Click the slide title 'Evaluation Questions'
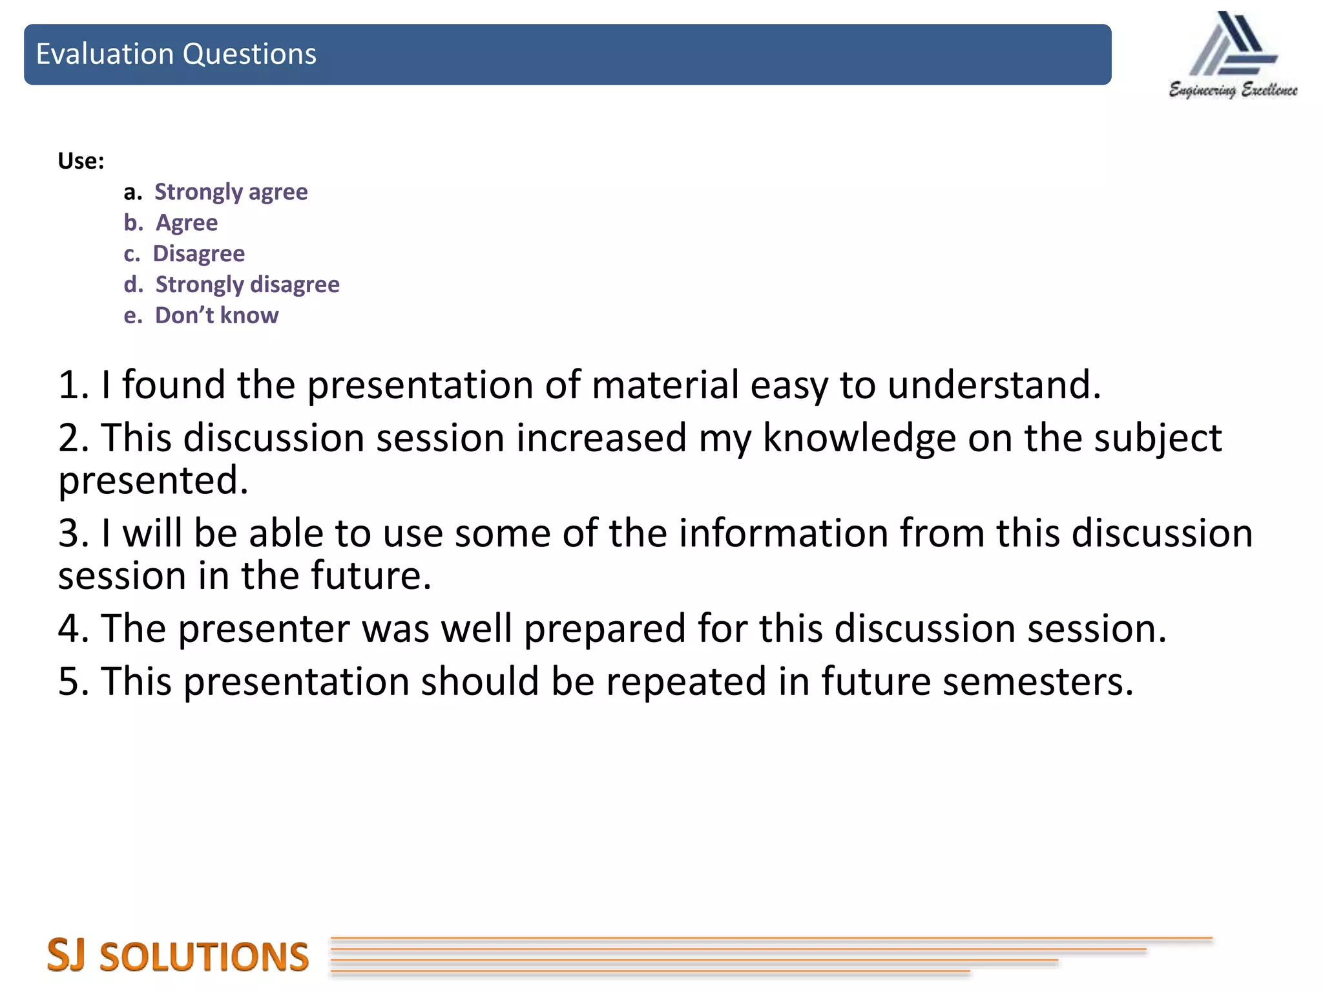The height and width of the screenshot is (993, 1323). (176, 54)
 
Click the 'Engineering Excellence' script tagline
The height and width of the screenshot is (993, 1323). (1233, 90)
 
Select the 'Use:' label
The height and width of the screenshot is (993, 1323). (81, 161)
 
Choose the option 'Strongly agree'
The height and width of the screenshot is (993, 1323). (231, 192)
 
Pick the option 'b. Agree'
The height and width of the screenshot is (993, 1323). (171, 223)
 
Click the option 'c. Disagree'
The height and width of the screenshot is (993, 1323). (185, 254)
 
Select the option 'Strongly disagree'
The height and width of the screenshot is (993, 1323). (247, 285)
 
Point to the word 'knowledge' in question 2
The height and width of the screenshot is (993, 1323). (859, 438)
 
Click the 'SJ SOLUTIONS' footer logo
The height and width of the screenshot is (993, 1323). (178, 956)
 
